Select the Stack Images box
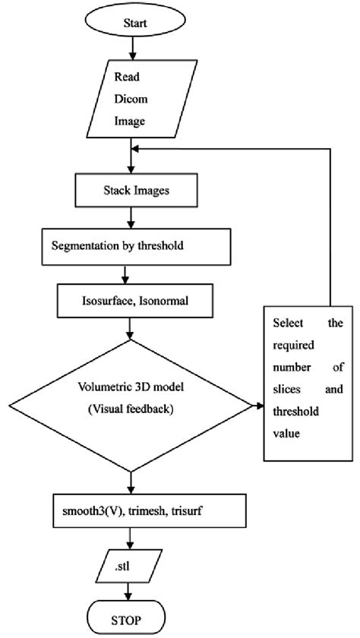132,191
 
